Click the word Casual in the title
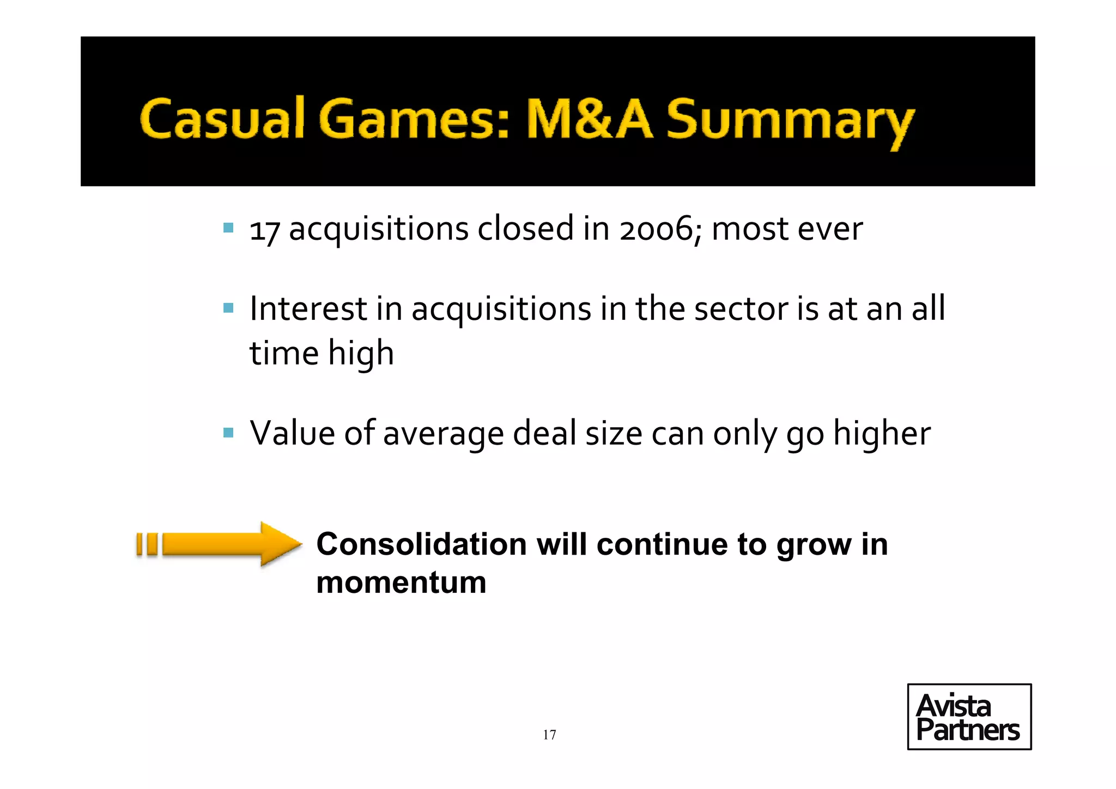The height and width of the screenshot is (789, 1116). [221, 119]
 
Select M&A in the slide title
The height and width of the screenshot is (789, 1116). [589, 119]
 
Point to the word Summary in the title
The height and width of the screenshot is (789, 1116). [790, 121]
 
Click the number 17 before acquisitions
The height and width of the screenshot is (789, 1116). [264, 230]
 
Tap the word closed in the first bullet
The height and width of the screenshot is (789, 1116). [525, 228]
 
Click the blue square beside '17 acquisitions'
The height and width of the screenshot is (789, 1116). [228, 227]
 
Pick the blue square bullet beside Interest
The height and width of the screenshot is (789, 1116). [228, 308]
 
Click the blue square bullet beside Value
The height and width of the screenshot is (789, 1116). [228, 433]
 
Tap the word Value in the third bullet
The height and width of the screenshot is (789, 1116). [292, 434]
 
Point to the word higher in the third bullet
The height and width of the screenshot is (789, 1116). [882, 434]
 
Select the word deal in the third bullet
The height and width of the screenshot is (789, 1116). [544, 434]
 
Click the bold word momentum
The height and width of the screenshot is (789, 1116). [401, 582]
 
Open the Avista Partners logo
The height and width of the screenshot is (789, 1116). [969, 717]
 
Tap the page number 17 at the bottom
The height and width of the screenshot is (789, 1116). [549, 735]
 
